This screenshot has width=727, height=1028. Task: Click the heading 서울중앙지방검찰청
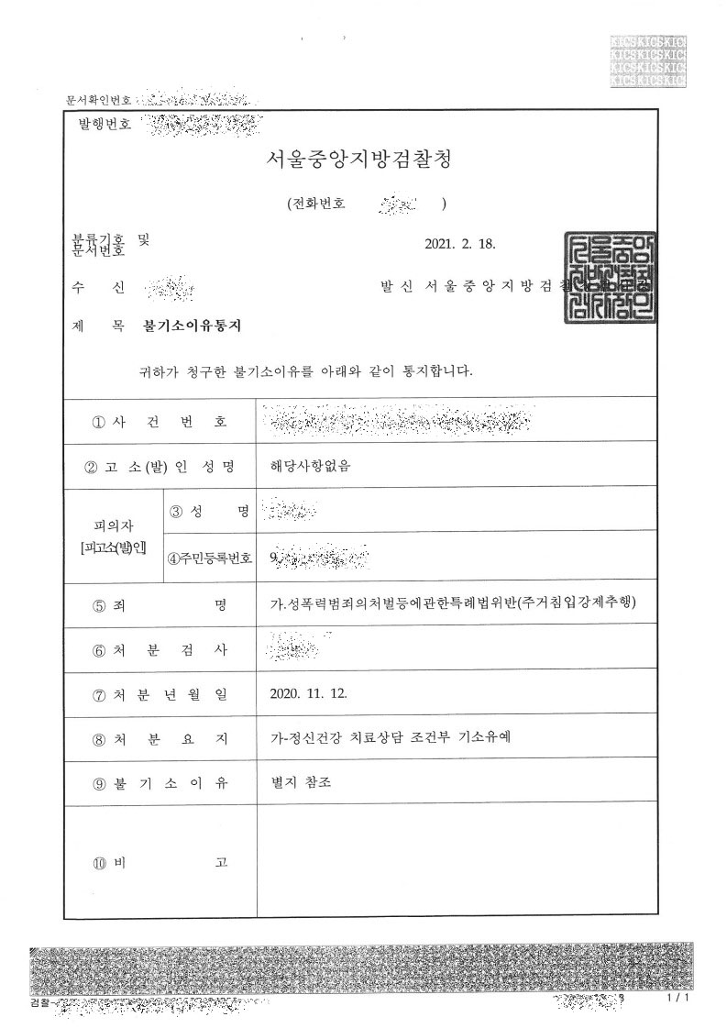click(x=358, y=160)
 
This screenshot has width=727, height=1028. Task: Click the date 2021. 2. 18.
click(x=461, y=245)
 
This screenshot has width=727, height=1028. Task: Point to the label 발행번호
click(x=105, y=123)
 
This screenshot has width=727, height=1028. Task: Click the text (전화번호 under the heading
click(x=315, y=204)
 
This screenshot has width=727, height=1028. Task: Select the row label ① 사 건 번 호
click(x=160, y=422)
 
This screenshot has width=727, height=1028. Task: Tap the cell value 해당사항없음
click(x=311, y=465)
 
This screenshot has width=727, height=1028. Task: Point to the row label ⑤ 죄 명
click(x=160, y=604)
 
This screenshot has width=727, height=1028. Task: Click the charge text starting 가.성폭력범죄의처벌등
click(x=447, y=603)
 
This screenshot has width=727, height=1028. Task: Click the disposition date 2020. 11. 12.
click(x=309, y=692)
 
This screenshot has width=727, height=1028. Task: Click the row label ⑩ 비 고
click(x=160, y=863)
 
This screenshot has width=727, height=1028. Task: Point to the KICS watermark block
click(x=648, y=62)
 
